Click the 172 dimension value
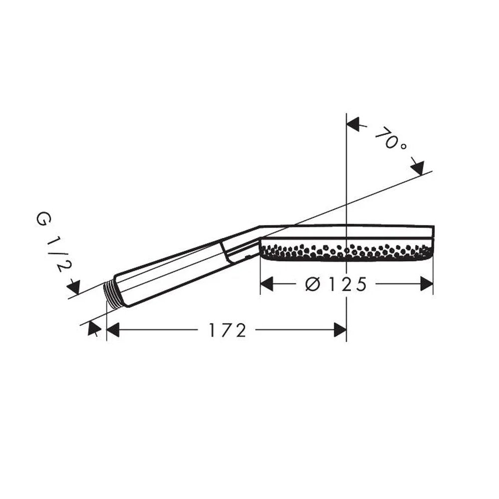click(x=228, y=330)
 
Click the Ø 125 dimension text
click(x=336, y=284)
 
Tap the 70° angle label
click(x=391, y=139)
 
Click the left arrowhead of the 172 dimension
click(x=113, y=330)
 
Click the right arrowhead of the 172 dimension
click(x=340, y=330)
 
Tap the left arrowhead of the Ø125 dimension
click(x=266, y=283)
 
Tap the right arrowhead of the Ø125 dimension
click(x=427, y=283)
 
